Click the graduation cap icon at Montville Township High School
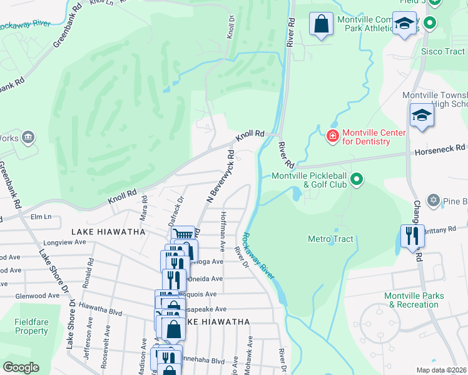pos(422,116)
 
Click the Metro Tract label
pos(330,239)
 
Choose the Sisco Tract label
pos(443,51)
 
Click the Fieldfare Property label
pos(31,326)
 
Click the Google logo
pos(21,367)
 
